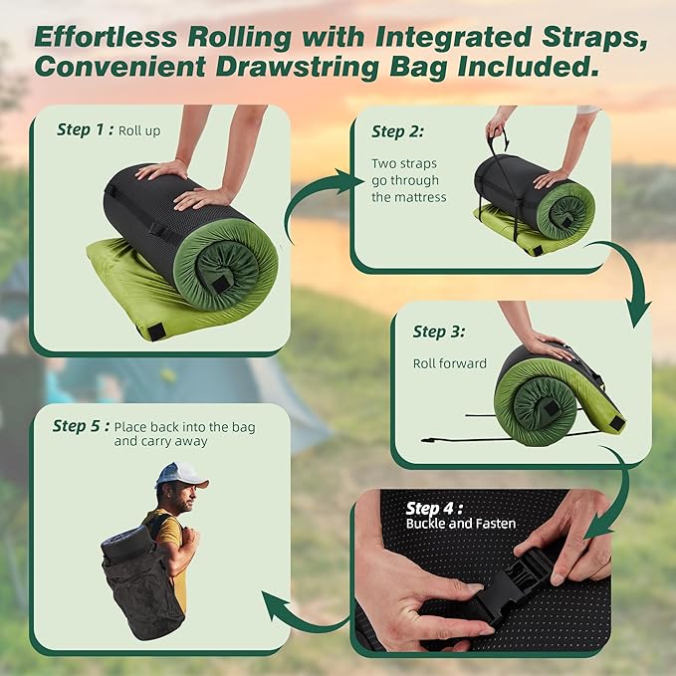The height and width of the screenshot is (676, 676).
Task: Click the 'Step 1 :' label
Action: point(85,129)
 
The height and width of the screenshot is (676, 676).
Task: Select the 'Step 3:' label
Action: point(443,333)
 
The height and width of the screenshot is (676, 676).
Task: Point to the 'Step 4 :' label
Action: point(436,508)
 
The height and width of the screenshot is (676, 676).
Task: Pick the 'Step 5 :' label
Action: point(81,426)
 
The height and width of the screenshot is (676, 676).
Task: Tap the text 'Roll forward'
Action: point(450,363)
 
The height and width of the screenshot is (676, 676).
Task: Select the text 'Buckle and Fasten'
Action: point(461,524)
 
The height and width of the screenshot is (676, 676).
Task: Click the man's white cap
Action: point(181,475)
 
